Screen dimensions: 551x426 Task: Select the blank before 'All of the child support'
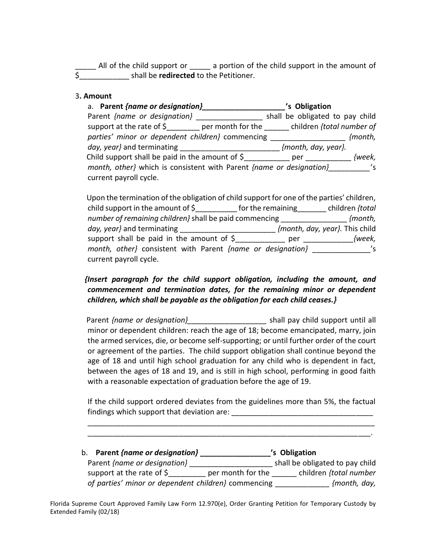click(x=85, y=66)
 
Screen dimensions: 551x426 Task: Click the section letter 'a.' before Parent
click(x=91, y=106)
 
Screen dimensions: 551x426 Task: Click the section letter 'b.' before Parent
click(x=85, y=452)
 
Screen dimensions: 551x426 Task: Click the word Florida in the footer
click(x=61, y=504)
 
